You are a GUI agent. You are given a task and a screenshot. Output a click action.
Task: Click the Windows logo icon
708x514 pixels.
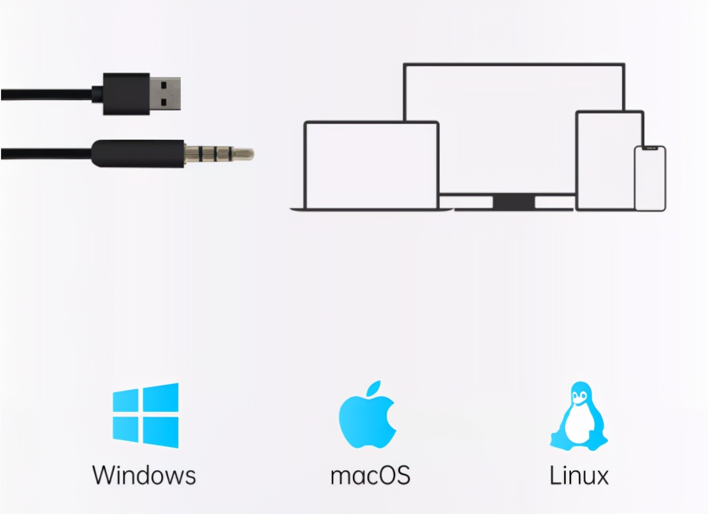[x=146, y=415]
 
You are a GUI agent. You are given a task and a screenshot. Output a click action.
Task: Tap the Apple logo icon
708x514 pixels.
[x=367, y=415]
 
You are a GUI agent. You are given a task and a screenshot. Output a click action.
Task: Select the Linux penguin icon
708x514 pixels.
[x=579, y=416]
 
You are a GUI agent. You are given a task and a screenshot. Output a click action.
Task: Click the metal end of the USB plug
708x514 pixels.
[x=165, y=94]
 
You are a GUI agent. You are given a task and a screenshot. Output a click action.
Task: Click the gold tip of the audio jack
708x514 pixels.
[x=243, y=154]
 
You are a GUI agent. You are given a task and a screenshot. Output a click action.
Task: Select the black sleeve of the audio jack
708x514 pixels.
[x=138, y=154]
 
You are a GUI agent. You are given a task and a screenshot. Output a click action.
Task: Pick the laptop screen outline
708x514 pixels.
[x=305, y=164]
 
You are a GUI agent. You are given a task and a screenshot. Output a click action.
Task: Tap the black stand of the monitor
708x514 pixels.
[x=514, y=202]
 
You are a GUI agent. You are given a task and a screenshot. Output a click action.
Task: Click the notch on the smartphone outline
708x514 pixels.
[x=650, y=148]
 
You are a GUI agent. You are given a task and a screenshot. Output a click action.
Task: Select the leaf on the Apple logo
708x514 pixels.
[x=374, y=388]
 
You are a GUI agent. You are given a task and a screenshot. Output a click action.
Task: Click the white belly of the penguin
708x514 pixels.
[x=579, y=425]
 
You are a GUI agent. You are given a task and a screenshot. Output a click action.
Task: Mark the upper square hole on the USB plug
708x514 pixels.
[x=164, y=85]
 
